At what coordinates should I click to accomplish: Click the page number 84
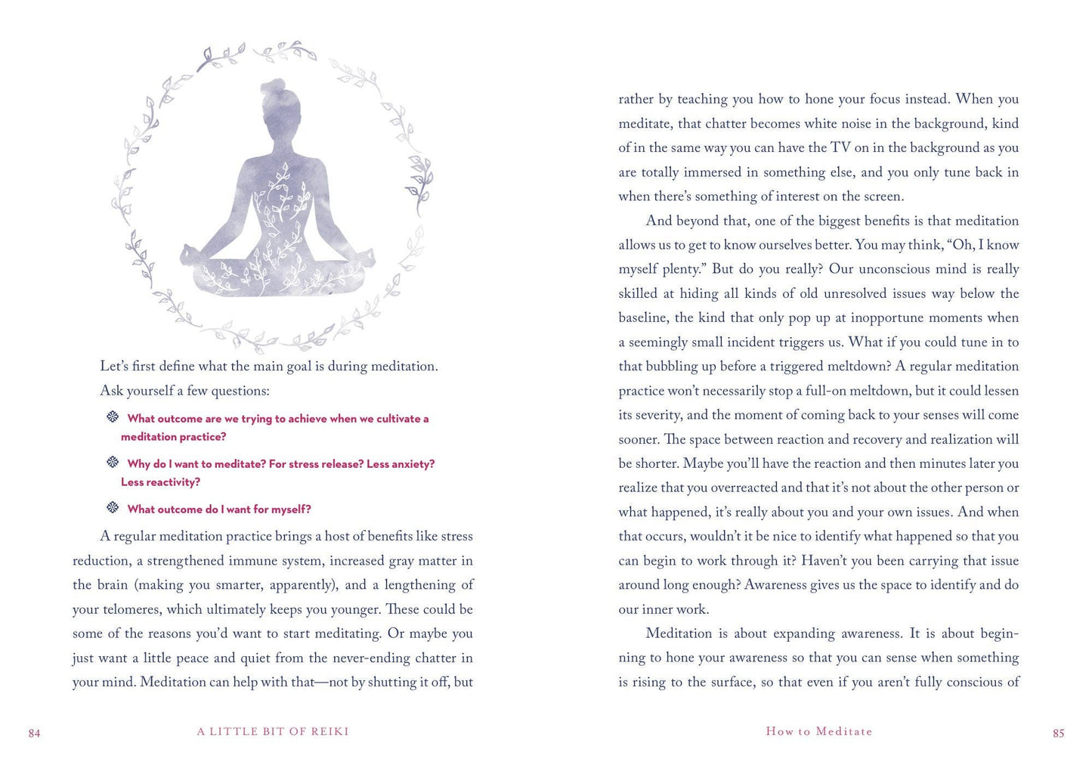[34, 733]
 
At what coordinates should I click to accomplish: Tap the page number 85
[1058, 733]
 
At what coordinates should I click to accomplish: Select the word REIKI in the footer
[330, 732]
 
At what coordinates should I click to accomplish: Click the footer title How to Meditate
[819, 732]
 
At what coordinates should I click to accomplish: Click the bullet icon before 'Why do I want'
[113, 463]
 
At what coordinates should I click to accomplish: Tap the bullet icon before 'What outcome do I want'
[113, 508]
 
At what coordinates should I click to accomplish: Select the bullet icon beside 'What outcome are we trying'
[113, 417]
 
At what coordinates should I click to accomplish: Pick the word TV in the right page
[840, 147]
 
